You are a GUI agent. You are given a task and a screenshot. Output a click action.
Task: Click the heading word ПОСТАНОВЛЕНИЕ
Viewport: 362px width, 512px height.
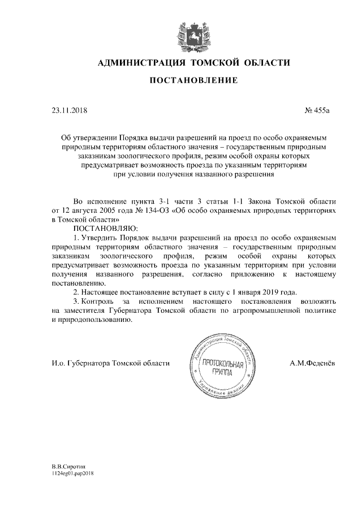pos(193,81)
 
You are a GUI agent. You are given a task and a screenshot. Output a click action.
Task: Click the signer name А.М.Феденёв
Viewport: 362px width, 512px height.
pos(312,362)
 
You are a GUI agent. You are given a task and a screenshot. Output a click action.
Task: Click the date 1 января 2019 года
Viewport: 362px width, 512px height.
pos(263,292)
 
